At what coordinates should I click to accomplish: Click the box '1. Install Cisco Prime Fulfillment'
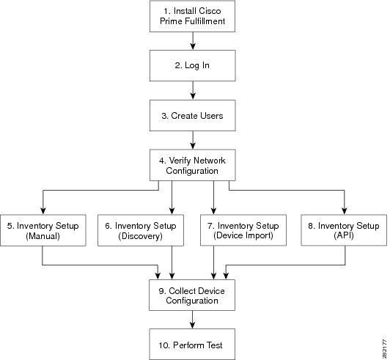pyautogui.click(x=192, y=16)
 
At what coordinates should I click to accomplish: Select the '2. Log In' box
pyautogui.click(x=193, y=66)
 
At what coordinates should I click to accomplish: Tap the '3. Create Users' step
pyautogui.click(x=193, y=115)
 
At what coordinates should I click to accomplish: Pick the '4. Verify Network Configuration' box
pyautogui.click(x=193, y=165)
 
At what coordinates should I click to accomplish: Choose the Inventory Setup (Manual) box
pyautogui.click(x=43, y=231)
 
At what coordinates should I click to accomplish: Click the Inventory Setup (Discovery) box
pyautogui.click(x=141, y=231)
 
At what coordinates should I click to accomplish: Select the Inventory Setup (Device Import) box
pyautogui.click(x=243, y=230)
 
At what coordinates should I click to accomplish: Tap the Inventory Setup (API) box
pyautogui.click(x=344, y=230)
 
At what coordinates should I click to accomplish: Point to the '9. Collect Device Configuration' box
pyautogui.click(x=192, y=295)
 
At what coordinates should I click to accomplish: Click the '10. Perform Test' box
pyautogui.click(x=192, y=345)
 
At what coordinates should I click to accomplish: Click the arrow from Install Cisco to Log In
pyautogui.click(x=193, y=41)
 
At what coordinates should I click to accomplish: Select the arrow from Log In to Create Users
pyautogui.click(x=193, y=91)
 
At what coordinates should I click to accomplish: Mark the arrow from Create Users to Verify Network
pyautogui.click(x=193, y=140)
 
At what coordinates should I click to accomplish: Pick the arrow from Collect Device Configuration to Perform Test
pyautogui.click(x=192, y=320)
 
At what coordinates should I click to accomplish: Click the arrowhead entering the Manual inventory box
pyautogui.click(x=43, y=211)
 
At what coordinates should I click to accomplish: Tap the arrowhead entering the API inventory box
pyautogui.click(x=345, y=210)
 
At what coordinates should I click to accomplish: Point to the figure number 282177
pyautogui.click(x=385, y=348)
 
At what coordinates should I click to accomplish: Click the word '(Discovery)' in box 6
pyautogui.click(x=140, y=236)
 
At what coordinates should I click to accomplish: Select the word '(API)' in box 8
pyautogui.click(x=344, y=235)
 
